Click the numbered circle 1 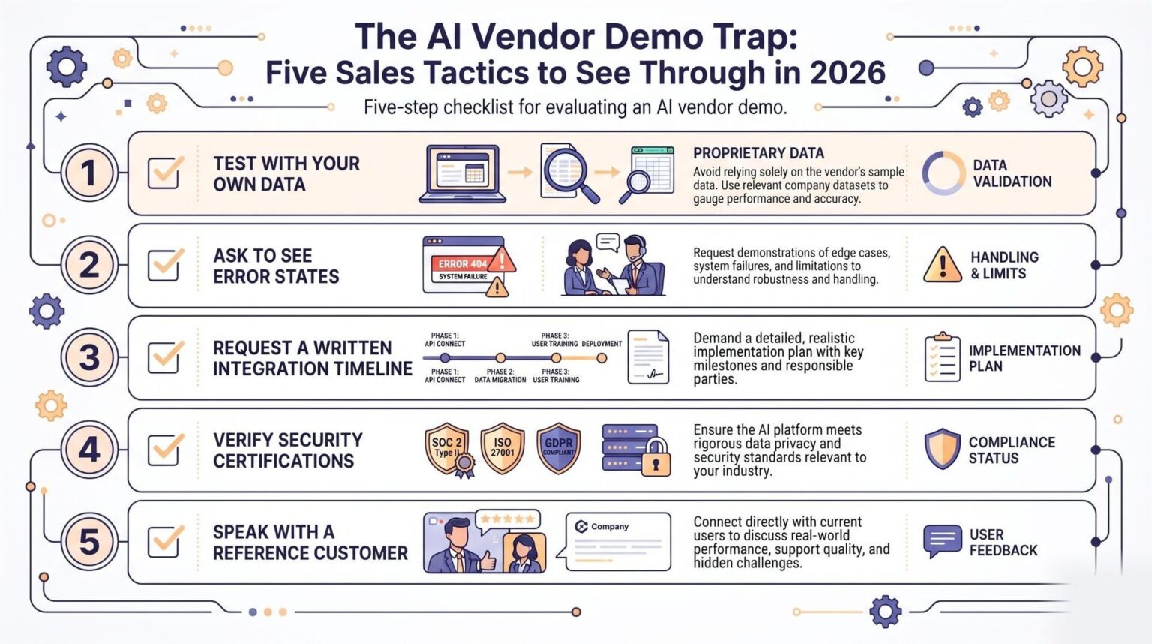point(89,173)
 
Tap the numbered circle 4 point(89,450)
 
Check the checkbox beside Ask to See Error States point(164,265)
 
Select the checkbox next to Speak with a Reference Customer point(164,542)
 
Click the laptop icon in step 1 point(462,174)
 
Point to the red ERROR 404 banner point(462,263)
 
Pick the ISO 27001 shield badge point(502,448)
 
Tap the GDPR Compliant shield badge point(559,448)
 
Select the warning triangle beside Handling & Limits point(942,265)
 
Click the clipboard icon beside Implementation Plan point(942,357)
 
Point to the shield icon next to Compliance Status point(942,448)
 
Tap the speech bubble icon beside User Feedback point(942,540)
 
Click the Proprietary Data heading point(758,153)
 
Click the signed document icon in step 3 point(648,357)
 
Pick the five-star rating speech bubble point(508,520)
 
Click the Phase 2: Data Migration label point(500,375)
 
